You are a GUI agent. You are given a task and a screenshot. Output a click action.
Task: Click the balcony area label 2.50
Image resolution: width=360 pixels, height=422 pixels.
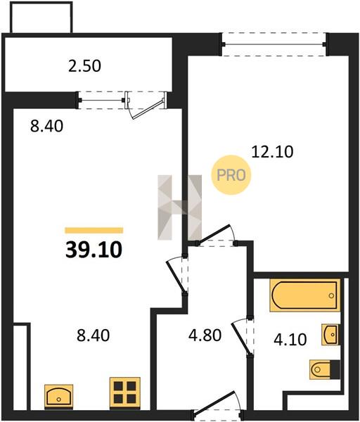click(84, 66)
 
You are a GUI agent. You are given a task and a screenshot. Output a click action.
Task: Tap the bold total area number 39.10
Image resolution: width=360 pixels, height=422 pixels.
click(94, 250)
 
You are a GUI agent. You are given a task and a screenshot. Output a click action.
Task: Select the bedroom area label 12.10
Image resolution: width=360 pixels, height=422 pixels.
click(272, 151)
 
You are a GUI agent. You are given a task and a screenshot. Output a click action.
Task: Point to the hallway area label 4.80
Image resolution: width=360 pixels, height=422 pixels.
click(205, 335)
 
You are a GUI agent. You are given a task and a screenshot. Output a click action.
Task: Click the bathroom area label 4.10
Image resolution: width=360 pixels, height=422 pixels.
click(290, 340)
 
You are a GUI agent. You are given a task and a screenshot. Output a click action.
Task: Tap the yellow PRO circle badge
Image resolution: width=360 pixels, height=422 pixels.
click(231, 175)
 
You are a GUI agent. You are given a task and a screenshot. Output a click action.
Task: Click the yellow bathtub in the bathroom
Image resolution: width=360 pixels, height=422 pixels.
click(305, 295)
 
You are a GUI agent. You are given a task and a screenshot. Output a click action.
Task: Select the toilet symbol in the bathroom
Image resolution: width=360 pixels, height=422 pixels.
click(324, 369)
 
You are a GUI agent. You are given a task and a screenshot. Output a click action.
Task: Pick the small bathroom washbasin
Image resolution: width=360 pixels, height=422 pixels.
click(330, 335)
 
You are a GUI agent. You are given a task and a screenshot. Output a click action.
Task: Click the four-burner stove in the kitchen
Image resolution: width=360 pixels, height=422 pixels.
click(125, 392)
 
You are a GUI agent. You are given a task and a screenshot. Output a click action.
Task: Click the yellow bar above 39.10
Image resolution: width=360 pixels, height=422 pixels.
click(94, 231)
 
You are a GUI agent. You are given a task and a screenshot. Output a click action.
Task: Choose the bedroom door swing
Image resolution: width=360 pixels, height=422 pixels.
click(217, 234)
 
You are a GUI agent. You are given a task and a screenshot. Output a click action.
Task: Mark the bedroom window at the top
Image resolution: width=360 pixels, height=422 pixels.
click(274, 44)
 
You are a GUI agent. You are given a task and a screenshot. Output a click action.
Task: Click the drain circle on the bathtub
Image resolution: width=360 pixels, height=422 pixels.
click(331, 295)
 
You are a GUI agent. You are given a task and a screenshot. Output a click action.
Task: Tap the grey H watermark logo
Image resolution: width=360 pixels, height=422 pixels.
click(180, 207)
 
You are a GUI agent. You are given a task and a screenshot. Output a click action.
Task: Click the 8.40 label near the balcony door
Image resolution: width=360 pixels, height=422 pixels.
click(47, 126)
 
